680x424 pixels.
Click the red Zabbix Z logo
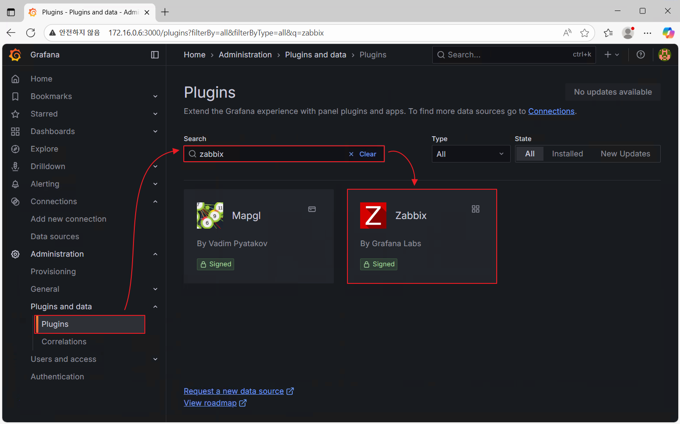[x=373, y=216]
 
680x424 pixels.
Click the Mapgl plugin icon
[x=210, y=216]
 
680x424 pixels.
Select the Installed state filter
[x=567, y=154]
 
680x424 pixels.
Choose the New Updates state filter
[x=625, y=154]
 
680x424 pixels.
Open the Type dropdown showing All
[x=470, y=154]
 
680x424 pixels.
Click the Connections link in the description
[x=551, y=111]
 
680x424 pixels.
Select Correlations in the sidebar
[x=64, y=342]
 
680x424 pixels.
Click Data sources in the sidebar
[x=55, y=237]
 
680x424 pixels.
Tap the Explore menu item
[x=44, y=149]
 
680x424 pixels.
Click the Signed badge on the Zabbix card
[x=379, y=264]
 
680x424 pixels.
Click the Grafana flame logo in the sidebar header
[x=15, y=55]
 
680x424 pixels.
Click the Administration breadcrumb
[x=245, y=55]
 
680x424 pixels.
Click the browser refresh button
[x=31, y=33]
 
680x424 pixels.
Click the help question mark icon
[x=641, y=55]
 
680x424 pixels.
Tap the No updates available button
[x=613, y=92]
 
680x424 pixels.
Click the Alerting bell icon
[x=15, y=184]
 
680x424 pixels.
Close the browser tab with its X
[x=147, y=12]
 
